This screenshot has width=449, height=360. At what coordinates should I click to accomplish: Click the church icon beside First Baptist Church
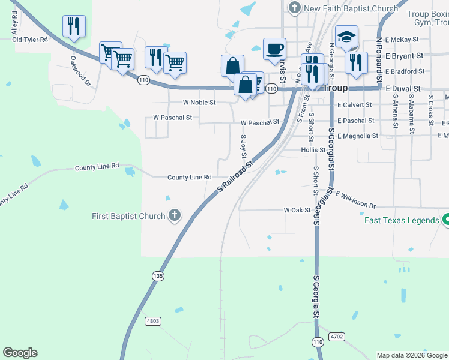coord(175,215)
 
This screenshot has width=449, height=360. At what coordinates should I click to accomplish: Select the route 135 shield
coord(158,276)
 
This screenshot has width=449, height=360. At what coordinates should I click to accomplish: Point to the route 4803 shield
coord(153,322)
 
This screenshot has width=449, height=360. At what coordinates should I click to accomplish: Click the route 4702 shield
coord(337,337)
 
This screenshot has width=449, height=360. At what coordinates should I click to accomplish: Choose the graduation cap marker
coord(347,37)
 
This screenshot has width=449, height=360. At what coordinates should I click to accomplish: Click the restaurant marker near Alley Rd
coord(74,26)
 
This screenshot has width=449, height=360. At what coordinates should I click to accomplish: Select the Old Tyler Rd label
coord(30,40)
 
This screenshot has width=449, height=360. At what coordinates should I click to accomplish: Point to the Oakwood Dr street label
coord(80,70)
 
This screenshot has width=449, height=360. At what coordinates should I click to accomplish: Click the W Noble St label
coord(196,103)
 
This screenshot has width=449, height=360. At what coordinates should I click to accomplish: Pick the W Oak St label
coord(297,210)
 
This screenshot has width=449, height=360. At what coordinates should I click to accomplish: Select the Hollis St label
coord(313,149)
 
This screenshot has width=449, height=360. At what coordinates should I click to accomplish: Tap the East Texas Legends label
coord(402,220)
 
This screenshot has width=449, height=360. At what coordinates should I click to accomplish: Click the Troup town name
coord(336,88)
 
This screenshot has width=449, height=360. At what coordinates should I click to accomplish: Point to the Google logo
coord(20,353)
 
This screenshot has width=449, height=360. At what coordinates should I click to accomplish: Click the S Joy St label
coord(244,146)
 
